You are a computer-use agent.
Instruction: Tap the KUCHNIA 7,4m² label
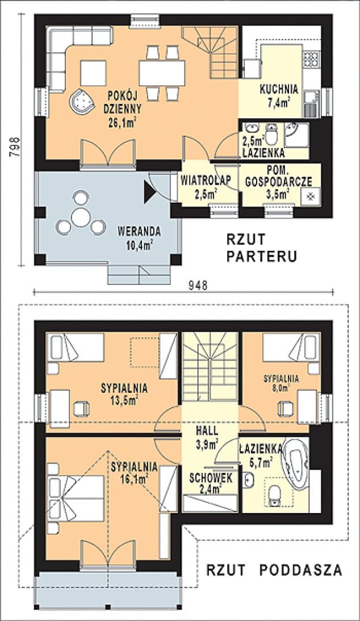click(279, 95)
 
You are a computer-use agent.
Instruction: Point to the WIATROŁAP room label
click(206, 180)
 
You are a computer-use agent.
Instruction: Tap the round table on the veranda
click(81, 217)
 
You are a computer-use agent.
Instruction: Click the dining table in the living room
click(162, 73)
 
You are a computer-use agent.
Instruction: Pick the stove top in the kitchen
click(311, 59)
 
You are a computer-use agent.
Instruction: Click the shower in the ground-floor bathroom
click(296, 134)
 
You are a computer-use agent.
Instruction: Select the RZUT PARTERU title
click(261, 248)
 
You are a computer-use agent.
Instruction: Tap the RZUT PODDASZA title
click(274, 570)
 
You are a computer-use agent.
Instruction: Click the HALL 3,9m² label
click(207, 438)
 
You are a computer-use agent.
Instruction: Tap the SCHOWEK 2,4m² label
click(211, 483)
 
